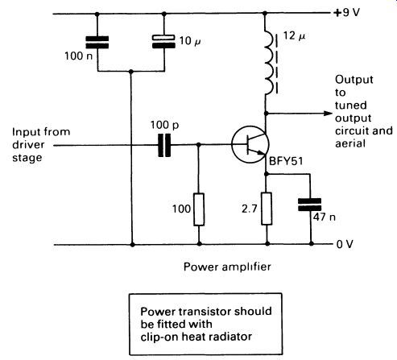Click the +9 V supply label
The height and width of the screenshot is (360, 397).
click(x=346, y=12)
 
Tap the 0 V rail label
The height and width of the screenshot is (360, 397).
click(x=345, y=244)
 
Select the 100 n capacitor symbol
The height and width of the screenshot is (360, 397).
click(x=97, y=43)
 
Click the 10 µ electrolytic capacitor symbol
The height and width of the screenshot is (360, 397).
click(x=163, y=42)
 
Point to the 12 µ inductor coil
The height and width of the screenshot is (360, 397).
click(x=269, y=63)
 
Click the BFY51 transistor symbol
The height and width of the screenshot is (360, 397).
click(x=250, y=144)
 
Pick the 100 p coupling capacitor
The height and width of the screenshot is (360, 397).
click(x=164, y=145)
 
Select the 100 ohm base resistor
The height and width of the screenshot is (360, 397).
click(x=199, y=209)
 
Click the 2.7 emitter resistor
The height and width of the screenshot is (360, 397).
click(x=267, y=209)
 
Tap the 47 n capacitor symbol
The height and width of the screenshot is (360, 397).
click(x=310, y=205)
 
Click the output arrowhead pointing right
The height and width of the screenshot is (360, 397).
click(x=329, y=114)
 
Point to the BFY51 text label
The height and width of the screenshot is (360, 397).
click(x=286, y=161)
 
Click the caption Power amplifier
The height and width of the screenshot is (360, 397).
click(x=227, y=267)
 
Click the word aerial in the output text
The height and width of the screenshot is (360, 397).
click(x=350, y=143)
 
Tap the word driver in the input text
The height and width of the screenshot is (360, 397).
click(x=28, y=145)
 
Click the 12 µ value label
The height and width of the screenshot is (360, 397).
click(x=295, y=36)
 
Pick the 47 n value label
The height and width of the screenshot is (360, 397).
click(x=325, y=217)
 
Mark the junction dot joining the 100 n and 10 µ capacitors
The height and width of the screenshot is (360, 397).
click(x=131, y=72)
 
